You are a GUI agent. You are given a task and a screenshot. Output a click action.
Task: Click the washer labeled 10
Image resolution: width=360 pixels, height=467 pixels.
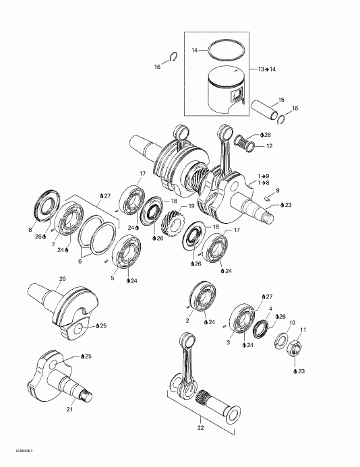pos(281,341)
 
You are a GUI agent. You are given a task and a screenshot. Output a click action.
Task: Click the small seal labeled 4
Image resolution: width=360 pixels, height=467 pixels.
pos(261,329)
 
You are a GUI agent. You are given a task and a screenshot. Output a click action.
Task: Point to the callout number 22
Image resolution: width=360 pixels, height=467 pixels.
pos(201,428)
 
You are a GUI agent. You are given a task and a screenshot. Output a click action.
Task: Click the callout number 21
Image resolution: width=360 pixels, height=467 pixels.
pos(69,409)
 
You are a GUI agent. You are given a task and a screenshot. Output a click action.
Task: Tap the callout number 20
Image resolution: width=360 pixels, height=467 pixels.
pos(62,279)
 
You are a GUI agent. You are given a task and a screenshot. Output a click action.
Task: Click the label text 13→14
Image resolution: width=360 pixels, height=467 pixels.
pos(267,69)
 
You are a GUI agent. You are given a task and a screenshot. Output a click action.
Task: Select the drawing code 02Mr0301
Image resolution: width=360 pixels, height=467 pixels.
pos(23,459)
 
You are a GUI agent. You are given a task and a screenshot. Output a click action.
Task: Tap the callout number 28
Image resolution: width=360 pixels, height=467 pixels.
pos(268,135)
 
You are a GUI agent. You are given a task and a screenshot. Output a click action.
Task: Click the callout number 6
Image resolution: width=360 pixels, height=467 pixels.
pos(80,261)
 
